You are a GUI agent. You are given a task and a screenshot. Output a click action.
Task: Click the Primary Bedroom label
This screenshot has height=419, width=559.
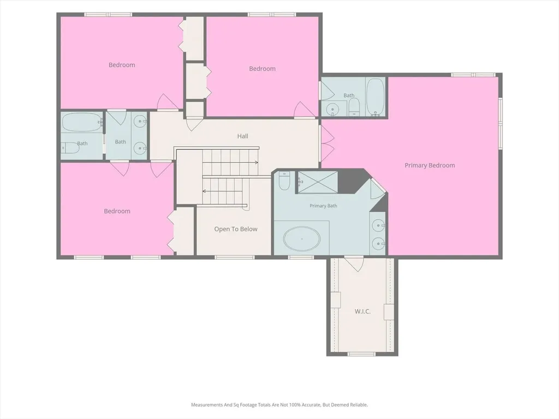coord(430,165)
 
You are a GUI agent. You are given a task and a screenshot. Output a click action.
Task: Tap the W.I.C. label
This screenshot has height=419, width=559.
coord(362,312)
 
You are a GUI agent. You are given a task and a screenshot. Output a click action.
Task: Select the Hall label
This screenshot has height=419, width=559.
coord(243,136)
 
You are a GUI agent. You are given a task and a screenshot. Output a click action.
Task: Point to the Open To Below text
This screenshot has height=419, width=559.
coord(236,229)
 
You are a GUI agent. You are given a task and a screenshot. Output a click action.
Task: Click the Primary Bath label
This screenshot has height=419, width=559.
coord(323,206)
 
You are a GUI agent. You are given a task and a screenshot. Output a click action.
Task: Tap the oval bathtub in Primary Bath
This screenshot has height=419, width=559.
coord(302,238)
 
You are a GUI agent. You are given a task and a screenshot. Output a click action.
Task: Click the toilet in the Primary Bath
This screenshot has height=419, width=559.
coord(284,181)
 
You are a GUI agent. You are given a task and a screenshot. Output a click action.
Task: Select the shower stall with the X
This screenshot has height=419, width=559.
coord(318,182)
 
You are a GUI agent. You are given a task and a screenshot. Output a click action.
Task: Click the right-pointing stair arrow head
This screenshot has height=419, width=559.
coord(257,163)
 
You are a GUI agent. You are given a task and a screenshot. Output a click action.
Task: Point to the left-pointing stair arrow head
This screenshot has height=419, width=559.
coord(204,191)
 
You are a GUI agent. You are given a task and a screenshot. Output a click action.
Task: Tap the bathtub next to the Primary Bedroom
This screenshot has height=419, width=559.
coord(375,97)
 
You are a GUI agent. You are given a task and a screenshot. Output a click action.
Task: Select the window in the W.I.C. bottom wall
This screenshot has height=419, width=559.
coord(361,354)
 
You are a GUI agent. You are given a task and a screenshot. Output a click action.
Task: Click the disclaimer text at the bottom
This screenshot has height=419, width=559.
coord(279,405)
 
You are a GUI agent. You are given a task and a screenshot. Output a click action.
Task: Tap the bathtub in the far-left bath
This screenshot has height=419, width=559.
coord(81,123)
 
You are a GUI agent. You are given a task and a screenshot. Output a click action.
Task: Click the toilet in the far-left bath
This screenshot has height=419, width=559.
coord(70,148)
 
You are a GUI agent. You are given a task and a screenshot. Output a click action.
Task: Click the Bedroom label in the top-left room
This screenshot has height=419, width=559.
coord(122,65)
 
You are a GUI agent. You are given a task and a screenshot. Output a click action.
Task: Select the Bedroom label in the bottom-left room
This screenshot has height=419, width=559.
coord(117,211)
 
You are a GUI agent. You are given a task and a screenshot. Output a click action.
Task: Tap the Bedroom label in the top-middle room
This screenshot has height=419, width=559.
coord(263,69)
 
